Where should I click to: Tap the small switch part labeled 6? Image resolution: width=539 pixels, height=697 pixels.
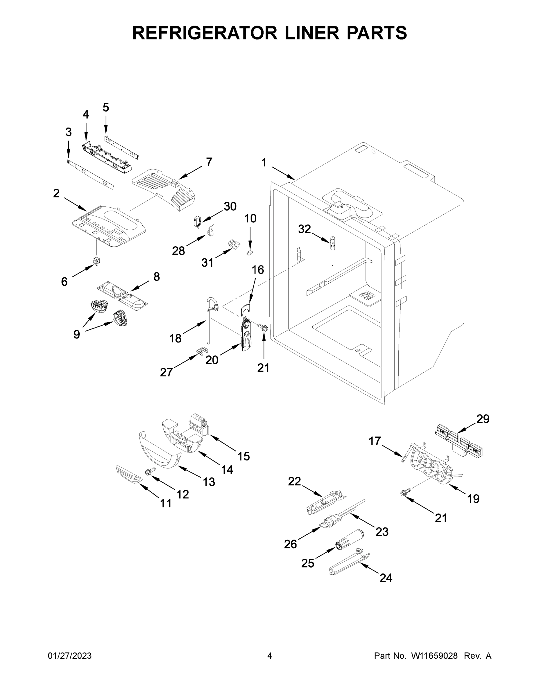pyautogui.click(x=96, y=261)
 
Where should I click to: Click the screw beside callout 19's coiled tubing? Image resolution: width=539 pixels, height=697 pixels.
pyautogui.click(x=403, y=493)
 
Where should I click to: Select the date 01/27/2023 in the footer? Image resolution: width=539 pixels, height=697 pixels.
pyautogui.click(x=70, y=655)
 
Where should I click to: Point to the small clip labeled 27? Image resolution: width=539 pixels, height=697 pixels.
pyautogui.click(x=200, y=351)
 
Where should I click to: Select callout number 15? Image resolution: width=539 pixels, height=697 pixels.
pyautogui.click(x=243, y=456)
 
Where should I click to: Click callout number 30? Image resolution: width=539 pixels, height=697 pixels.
pyautogui.click(x=230, y=206)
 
